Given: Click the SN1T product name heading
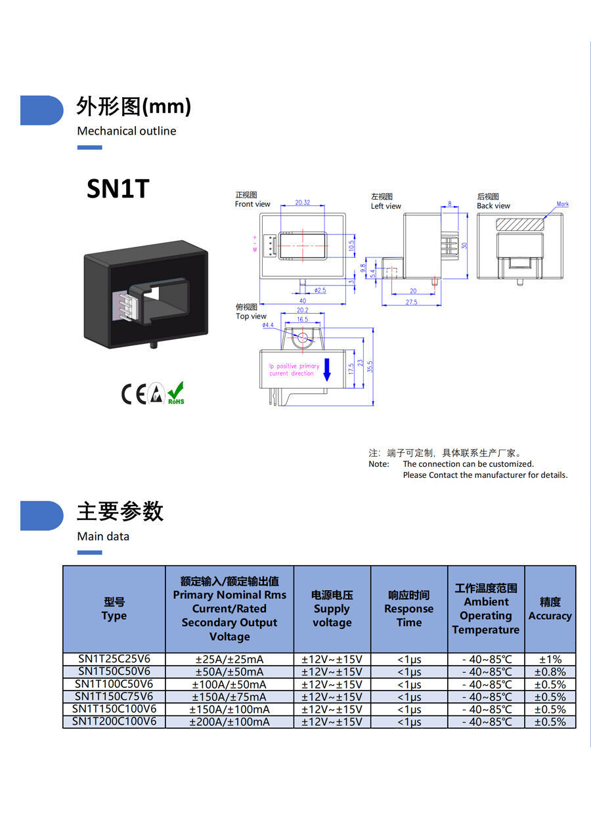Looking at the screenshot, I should [118, 189].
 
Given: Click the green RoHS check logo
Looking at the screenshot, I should [175, 393].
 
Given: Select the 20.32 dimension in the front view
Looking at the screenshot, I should [303, 203].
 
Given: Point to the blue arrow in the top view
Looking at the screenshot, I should [327, 371].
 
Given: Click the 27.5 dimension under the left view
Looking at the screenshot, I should [411, 302].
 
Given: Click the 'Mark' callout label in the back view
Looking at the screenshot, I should [563, 204].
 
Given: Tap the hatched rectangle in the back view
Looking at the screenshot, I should [520, 224].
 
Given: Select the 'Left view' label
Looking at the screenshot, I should [386, 206].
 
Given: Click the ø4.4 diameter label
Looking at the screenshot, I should [268, 325].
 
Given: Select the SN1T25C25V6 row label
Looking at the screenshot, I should [114, 658].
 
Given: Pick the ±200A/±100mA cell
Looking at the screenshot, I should [229, 721].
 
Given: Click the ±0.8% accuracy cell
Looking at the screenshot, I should [550, 672].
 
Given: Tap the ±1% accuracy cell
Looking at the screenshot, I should [550, 659].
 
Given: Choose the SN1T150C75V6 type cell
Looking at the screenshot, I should [114, 696].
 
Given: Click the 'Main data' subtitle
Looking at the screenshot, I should [103, 536].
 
